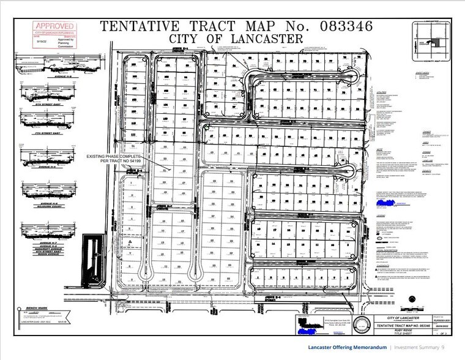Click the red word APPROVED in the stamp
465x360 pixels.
pos(54,26)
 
